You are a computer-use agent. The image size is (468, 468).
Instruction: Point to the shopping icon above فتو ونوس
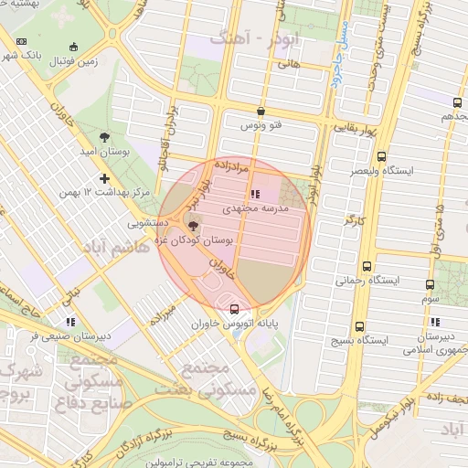coord(261,111)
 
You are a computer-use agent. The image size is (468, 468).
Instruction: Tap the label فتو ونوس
coord(261,124)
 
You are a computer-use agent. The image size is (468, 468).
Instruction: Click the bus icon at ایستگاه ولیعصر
coord(381,156)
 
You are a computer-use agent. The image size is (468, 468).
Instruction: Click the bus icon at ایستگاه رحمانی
coord(367,267)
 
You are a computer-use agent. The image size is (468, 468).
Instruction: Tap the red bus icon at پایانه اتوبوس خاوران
coord(236,308)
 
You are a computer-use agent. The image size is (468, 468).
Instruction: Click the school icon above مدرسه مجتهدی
coord(253,194)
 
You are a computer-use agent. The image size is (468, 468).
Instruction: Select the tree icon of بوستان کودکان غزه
coord(192,227)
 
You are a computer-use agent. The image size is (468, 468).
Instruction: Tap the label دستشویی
coord(148,221)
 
